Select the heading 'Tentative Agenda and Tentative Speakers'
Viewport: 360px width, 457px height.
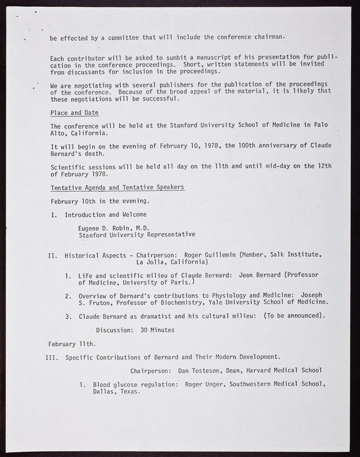(x=117, y=188)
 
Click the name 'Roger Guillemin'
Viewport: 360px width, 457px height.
(x=209, y=254)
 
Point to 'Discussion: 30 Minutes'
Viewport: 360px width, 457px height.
(x=135, y=330)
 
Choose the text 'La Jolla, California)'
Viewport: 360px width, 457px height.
(x=172, y=262)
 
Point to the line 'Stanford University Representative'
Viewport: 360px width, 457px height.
(x=137, y=234)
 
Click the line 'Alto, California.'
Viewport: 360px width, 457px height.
(x=81, y=133)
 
